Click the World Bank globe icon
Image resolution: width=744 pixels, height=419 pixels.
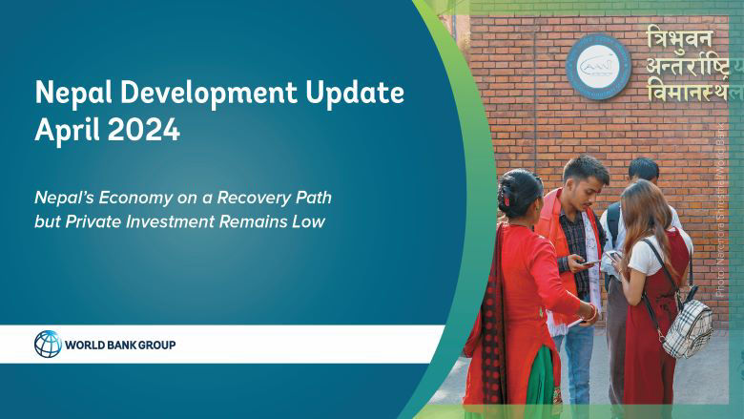pos(48,344)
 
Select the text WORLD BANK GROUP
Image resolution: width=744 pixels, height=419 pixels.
pos(120,345)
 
